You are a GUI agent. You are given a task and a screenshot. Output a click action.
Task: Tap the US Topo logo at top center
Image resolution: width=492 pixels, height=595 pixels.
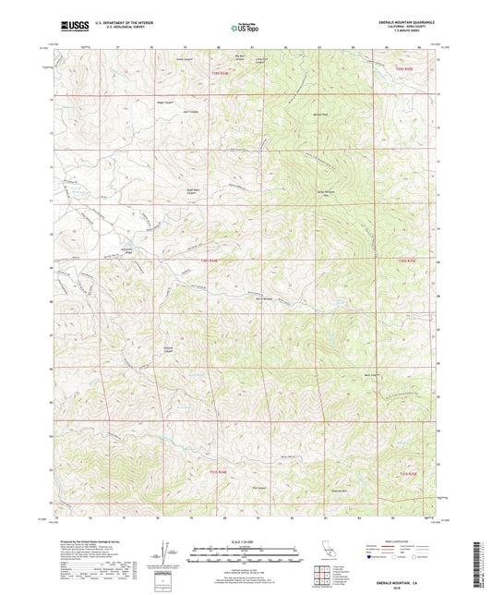(246, 27)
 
